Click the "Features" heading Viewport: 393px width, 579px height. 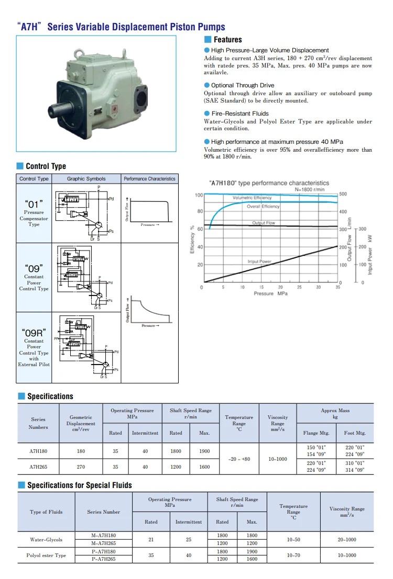click(227, 40)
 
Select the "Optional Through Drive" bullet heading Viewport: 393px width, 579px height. click(242, 85)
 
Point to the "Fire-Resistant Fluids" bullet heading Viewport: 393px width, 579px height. click(239, 113)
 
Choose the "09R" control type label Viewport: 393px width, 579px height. click(34, 332)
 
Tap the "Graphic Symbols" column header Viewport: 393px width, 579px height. click(86, 179)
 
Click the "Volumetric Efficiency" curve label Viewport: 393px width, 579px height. click(252, 198)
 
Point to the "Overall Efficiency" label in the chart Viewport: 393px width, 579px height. click(263, 207)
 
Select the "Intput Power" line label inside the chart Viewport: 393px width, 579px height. click(259, 261)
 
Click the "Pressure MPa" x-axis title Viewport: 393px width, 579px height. click(270, 293)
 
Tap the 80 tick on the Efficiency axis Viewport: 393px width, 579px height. click(200, 211)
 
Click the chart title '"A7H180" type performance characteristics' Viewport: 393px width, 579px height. click(269, 183)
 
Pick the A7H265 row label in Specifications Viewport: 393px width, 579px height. click(38, 467)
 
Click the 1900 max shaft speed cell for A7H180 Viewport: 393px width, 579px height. click(204, 451)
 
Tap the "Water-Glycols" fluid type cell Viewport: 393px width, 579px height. click(46, 540)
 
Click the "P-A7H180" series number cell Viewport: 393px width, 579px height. click(103, 551)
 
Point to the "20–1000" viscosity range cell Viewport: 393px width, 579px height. click(346, 540)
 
